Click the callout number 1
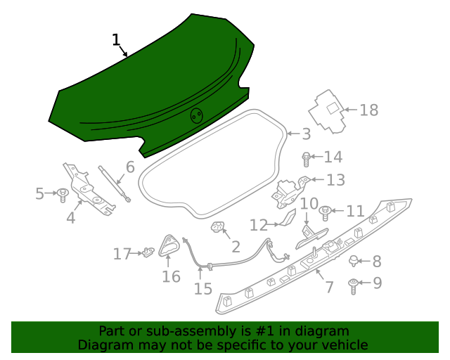tap(116, 40)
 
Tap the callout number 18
tap(369, 110)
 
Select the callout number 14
tap(306, 134)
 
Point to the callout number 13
tap(335, 180)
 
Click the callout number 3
tap(306, 134)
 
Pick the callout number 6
tap(130, 167)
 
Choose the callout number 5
tap(40, 193)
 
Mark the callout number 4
tap(70, 218)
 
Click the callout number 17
tap(122, 254)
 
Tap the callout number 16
tap(171, 276)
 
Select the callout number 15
tap(202, 288)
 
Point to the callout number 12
tap(259, 225)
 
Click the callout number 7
tap(328, 287)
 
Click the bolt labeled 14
tap(307, 157)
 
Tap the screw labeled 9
tap(353, 284)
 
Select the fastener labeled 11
tap(326, 210)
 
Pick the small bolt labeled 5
tap(63, 192)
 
